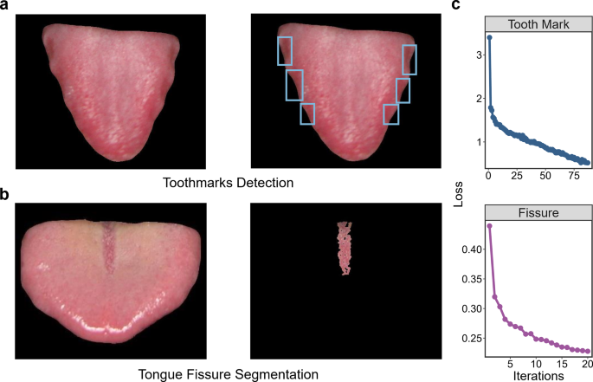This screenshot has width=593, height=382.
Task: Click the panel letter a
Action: (5, 6)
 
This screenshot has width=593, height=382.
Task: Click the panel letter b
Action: (5, 196)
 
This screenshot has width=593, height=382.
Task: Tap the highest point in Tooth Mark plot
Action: (489, 37)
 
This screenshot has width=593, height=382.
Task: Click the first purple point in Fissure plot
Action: (490, 226)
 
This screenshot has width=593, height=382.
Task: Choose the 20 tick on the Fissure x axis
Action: (587, 363)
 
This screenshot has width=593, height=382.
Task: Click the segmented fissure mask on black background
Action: (346, 248)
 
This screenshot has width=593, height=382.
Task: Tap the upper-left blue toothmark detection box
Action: (284, 50)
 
